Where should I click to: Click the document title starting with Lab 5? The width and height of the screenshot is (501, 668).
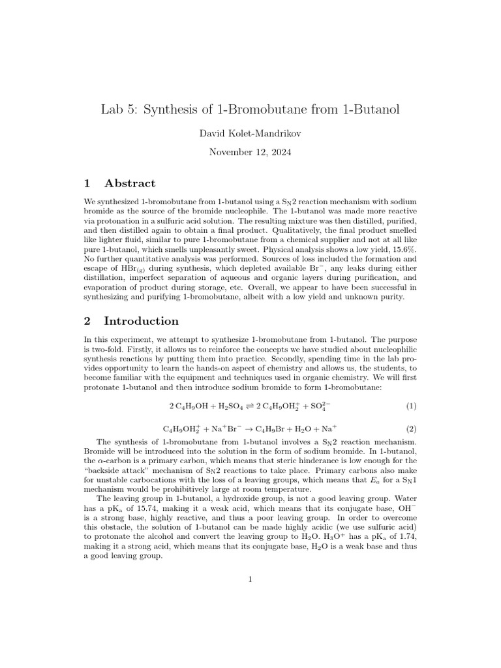250,110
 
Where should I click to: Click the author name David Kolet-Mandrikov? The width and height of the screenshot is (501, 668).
250,134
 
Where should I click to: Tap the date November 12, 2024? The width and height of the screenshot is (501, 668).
250,153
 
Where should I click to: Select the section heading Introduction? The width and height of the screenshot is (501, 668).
141,321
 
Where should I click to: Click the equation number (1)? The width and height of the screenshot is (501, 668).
411,406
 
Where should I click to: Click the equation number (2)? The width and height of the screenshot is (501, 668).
411,429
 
